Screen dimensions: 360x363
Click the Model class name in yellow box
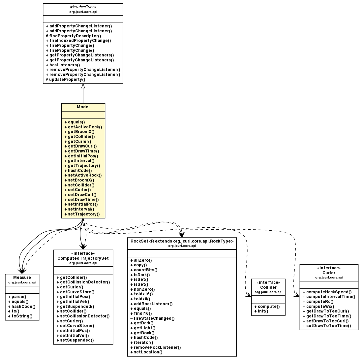pos(83,107)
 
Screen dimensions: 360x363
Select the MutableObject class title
pos(83,7)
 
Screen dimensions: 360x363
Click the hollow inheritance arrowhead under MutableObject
pos(83,86)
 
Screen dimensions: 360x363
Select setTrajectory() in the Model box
pos(82,214)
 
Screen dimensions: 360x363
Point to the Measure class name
pos(22,277)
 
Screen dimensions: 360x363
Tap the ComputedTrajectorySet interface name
pos(83,258)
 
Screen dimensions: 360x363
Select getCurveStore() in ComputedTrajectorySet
pos(76,292)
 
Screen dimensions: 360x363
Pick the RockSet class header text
pos(182,241)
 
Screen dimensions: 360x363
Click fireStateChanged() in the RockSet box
pos(152,318)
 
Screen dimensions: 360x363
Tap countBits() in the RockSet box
pos(144,270)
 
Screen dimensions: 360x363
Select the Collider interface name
pos(268,287)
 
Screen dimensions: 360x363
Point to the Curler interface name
pos(329,273)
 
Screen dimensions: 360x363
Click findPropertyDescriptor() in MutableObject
pos(73,36)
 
